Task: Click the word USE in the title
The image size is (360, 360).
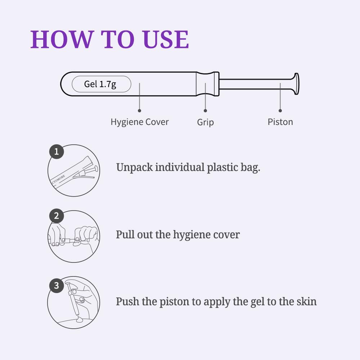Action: coord(166,39)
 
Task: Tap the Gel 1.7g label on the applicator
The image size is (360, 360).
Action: coord(100,84)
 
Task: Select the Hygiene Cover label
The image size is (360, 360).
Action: coord(140,122)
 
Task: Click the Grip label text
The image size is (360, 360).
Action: coord(206,122)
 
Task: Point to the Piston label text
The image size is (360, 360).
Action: coord(280,122)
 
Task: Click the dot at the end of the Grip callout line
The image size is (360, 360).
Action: coord(205,111)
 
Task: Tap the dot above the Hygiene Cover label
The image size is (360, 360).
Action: coord(139,111)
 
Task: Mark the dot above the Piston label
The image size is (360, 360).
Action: coord(280,111)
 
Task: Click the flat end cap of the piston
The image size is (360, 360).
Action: coord(297,84)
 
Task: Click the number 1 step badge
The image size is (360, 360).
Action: coord(57,152)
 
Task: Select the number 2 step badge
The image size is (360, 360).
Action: coord(57,216)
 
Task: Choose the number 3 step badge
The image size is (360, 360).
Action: coord(57,285)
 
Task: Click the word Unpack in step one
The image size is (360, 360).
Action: coord(134,167)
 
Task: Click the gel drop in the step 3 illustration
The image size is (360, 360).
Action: coord(80,319)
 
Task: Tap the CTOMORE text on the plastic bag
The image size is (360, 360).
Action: coord(58,179)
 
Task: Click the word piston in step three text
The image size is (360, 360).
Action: coord(175,302)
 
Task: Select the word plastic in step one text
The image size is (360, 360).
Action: coord(222,167)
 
